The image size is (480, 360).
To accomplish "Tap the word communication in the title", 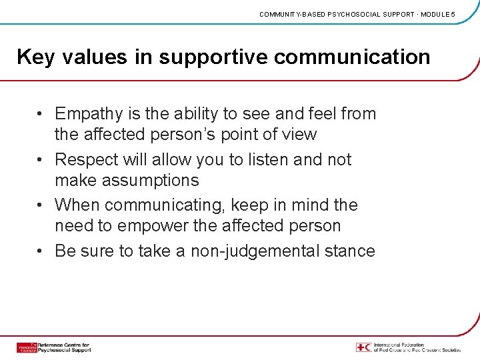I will coord(352,57).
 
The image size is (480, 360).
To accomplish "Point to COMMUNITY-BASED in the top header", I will coord(291,14).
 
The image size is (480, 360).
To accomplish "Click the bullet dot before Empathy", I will coord(41,115).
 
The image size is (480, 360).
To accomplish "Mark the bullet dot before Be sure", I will coord(41,251).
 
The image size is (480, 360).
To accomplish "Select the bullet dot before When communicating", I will coord(41,205).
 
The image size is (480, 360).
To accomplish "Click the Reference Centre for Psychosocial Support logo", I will coord(53,347).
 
